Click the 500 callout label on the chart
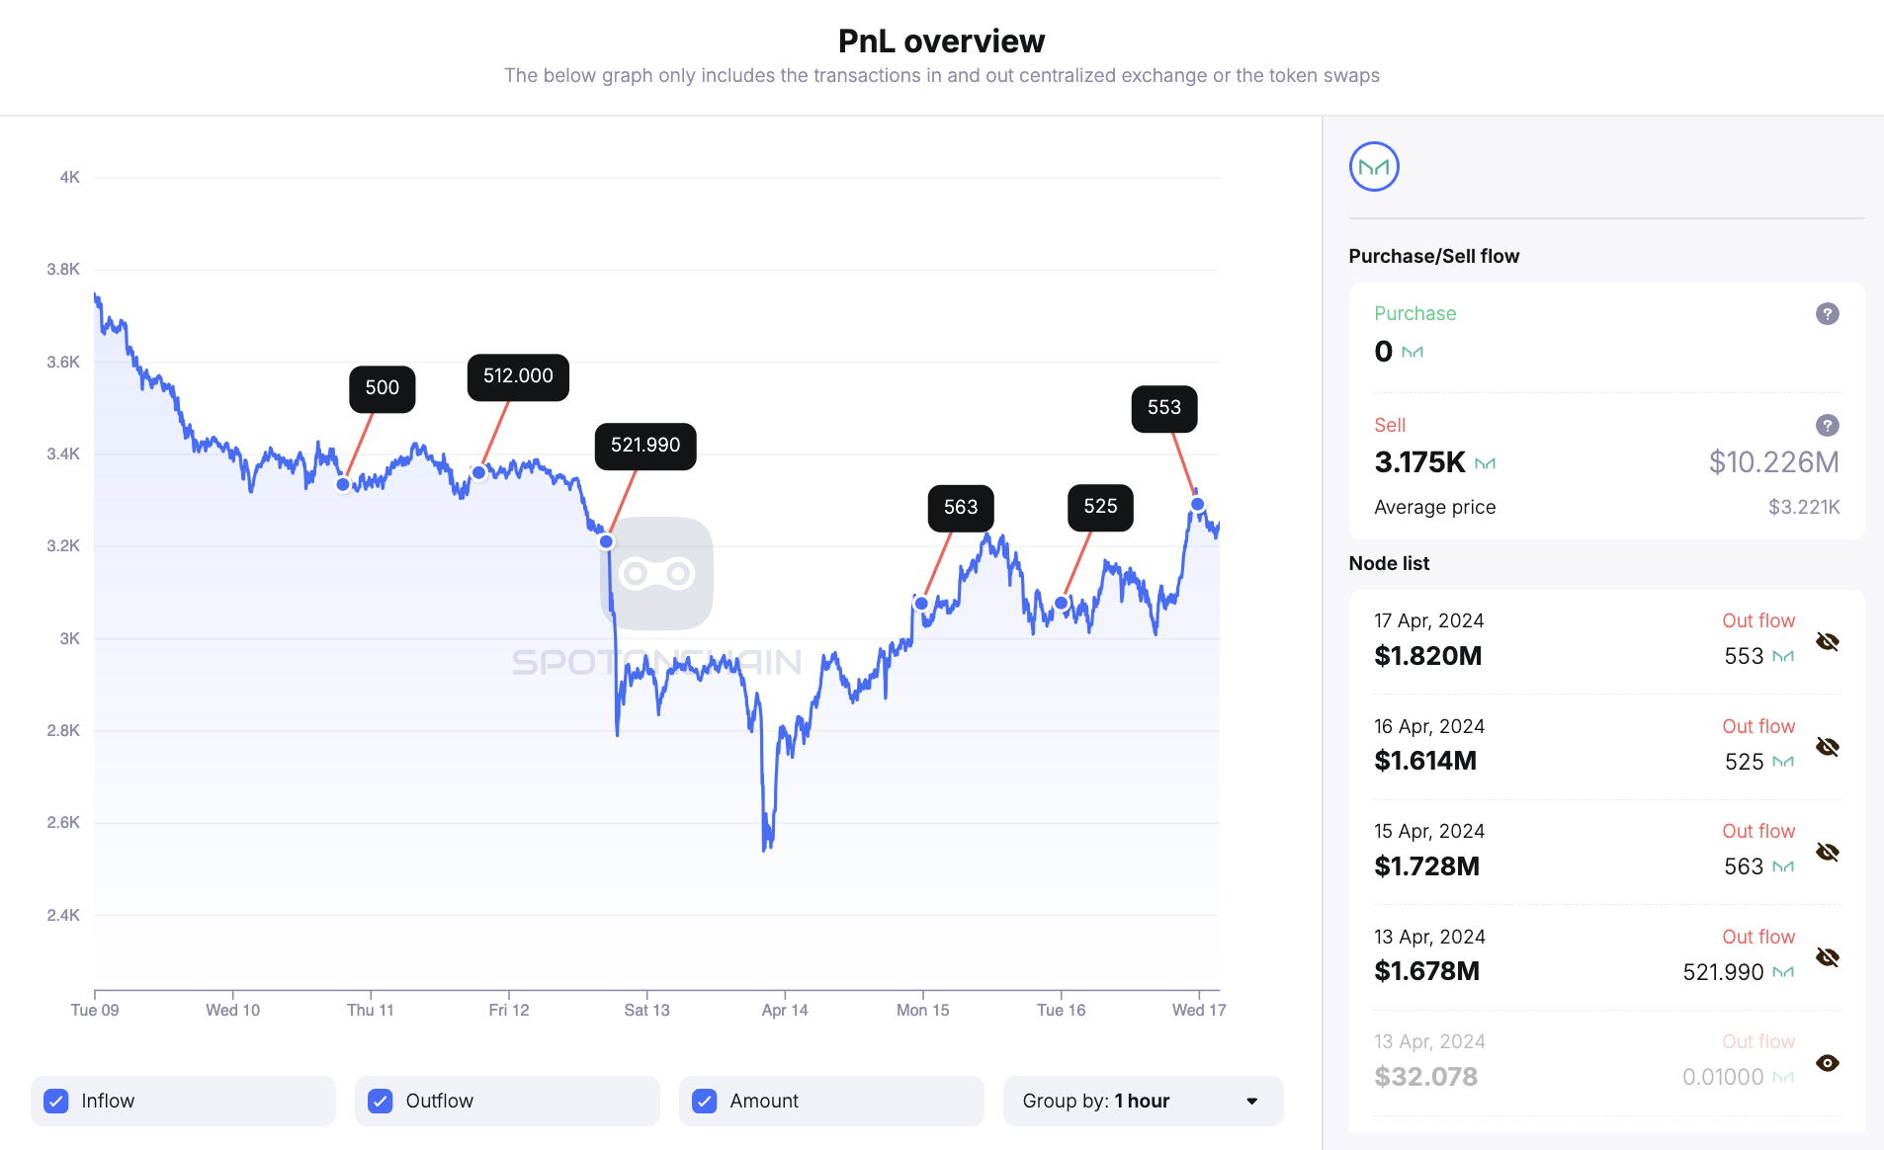coord(382,388)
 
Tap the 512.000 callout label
coord(518,376)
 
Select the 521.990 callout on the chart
coord(644,446)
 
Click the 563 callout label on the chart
coord(960,508)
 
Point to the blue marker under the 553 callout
coord(1197,504)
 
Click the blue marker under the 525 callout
coord(1061,603)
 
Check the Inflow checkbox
coord(56,1101)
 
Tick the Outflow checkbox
coord(381,1101)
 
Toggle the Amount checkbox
coord(705,1101)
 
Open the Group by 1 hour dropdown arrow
coord(1251,1101)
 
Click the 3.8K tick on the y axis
coord(63,270)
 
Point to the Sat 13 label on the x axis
coord(646,1010)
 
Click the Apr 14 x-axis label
coord(785,1010)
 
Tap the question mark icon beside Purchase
coord(1827,314)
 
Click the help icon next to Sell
coord(1827,426)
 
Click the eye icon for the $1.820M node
coord(1827,642)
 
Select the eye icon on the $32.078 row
coord(1827,1063)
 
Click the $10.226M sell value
coord(1773,462)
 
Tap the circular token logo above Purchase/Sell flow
coord(1374,167)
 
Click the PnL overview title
coord(941,41)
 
